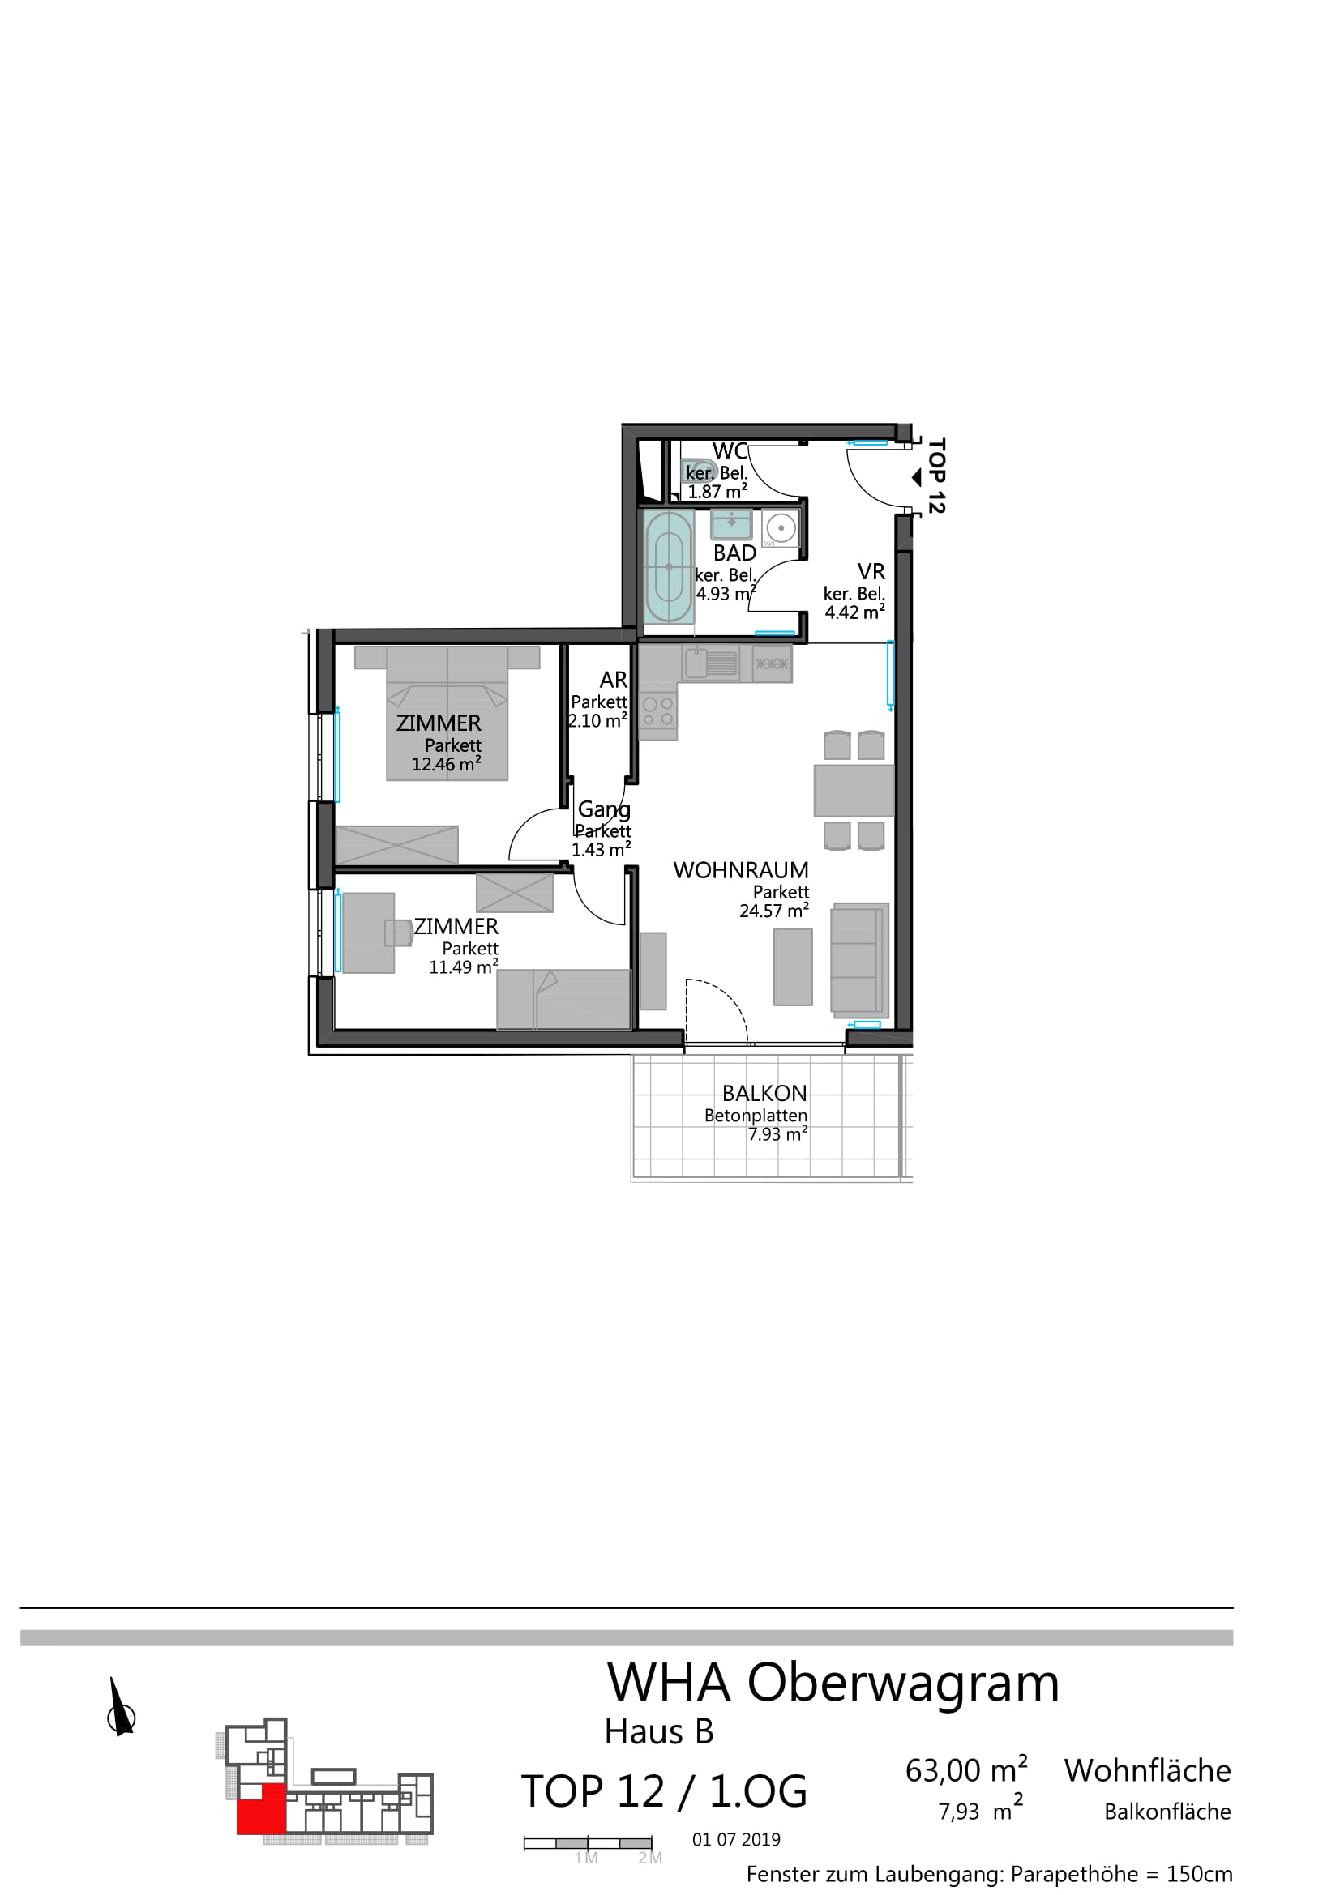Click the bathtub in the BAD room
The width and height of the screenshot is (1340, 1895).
tap(668, 567)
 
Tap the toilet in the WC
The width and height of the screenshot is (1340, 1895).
tap(700, 471)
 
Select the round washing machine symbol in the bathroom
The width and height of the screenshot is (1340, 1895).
tap(780, 528)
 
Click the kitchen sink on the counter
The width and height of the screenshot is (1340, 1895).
tap(710, 663)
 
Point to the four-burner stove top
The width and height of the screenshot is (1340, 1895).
tap(658, 711)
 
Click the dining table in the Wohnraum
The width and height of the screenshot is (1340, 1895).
tap(854, 791)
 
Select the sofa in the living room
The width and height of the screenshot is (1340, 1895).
tap(859, 959)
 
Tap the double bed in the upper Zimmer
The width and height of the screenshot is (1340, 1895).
tap(447, 712)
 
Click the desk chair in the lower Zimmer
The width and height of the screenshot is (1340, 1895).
tap(398, 933)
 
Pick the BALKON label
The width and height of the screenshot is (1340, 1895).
tap(764, 1094)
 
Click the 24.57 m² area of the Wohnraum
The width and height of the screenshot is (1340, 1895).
tap(773, 911)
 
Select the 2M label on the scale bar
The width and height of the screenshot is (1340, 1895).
tap(650, 1858)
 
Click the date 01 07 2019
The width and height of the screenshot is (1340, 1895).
tap(736, 1839)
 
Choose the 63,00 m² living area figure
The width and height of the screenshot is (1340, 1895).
tap(966, 1770)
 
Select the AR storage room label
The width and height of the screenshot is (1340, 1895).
tap(614, 680)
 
